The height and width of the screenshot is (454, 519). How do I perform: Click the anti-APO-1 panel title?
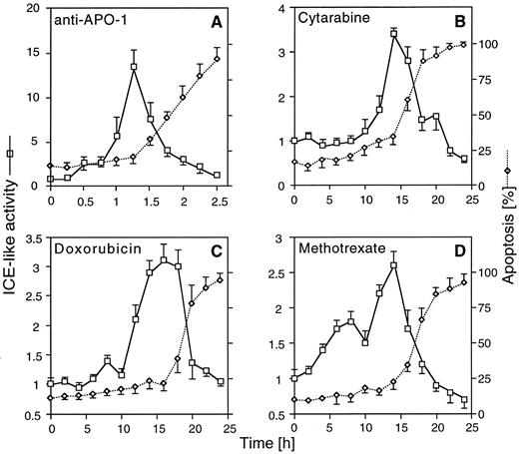point(89,19)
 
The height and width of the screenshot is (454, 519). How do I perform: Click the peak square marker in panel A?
point(134,67)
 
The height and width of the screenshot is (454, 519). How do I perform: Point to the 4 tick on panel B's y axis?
point(281,10)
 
